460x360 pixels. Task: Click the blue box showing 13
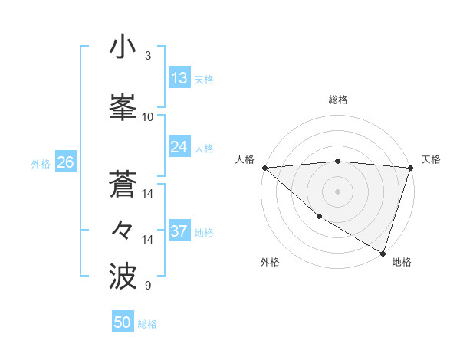179,78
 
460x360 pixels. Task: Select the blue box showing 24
179,147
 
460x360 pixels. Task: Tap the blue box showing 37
179,231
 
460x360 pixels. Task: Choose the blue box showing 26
65,162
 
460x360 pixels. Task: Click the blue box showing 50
123,322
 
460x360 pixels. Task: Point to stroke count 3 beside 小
148,56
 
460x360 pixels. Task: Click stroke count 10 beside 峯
148,117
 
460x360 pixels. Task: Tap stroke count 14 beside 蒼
148,194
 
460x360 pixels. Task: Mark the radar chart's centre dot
337,191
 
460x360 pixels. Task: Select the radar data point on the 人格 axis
264,167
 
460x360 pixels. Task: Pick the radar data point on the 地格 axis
383,253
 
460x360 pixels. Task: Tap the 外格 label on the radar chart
270,262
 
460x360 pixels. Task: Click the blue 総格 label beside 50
147,324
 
